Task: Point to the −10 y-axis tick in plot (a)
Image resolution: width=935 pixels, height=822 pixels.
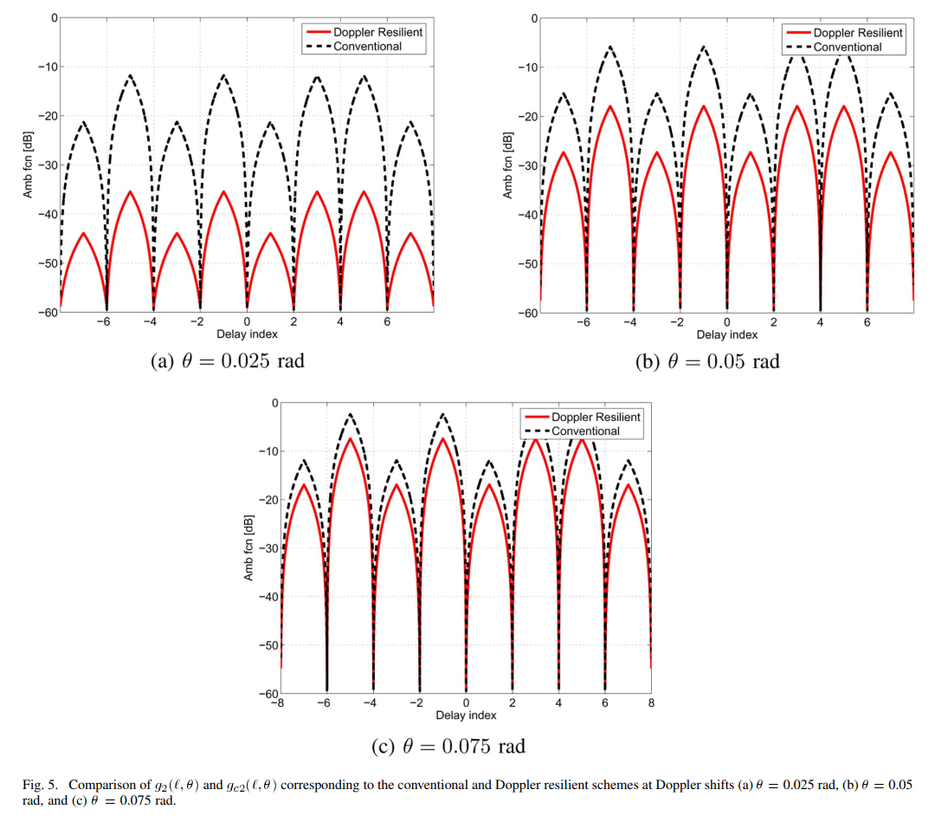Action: coord(47,67)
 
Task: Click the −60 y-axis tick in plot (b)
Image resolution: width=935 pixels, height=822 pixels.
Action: coord(526,313)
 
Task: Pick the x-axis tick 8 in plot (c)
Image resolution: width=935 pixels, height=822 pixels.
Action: coord(651,703)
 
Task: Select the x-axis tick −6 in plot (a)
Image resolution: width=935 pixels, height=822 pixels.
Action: coord(104,322)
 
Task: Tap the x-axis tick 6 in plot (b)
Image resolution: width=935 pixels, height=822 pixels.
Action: coord(867,322)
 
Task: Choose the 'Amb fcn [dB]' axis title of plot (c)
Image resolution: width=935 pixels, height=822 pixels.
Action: coord(249,548)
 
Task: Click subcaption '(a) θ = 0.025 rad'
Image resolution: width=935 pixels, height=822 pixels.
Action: coord(229,360)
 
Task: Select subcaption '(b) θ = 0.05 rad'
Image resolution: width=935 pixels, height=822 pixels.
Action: coord(707,361)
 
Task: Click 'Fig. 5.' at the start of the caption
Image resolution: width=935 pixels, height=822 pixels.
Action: coord(40,785)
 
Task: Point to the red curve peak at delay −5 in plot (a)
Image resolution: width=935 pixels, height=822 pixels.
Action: coord(131,192)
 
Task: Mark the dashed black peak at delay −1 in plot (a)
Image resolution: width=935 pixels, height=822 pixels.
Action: coord(224,75)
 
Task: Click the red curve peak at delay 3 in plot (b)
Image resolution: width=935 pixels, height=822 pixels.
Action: coord(797,107)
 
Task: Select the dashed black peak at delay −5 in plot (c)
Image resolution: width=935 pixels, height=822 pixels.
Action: coord(351,415)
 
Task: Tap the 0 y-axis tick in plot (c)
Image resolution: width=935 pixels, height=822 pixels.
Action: coord(274,404)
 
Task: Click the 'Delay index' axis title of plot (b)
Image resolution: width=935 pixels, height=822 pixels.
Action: coord(726,334)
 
